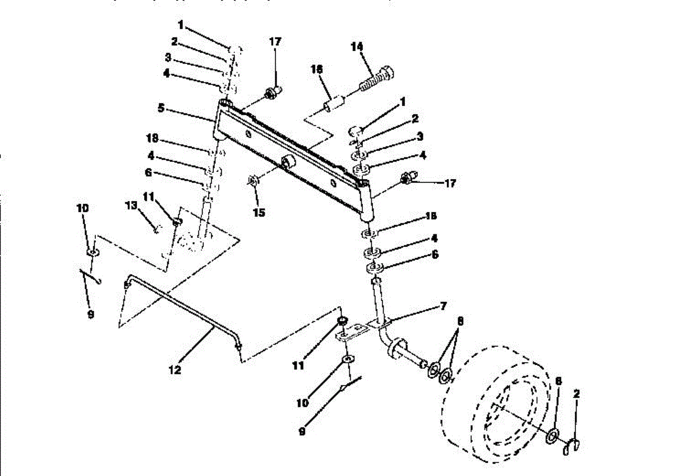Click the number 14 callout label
[x=357, y=47]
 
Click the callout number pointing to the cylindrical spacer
[x=317, y=68]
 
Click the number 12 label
[x=175, y=370]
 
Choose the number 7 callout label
[x=443, y=306]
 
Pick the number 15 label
[x=259, y=213]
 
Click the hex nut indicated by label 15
[x=252, y=181]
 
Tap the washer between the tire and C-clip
[x=552, y=436]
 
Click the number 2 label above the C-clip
[x=577, y=394]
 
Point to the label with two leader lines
[x=461, y=322]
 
